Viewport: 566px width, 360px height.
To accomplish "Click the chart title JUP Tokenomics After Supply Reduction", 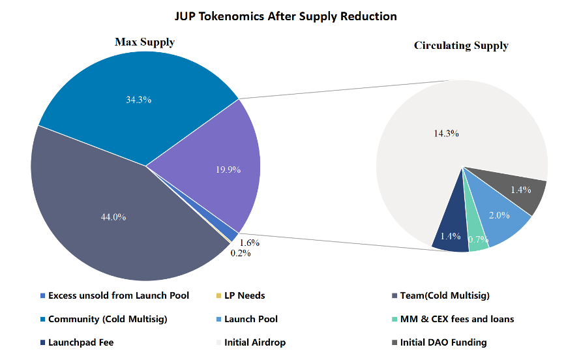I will tap(283, 16).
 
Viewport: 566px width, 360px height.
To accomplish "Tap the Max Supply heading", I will tap(145, 42).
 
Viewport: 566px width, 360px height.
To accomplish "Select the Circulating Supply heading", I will tap(461, 46).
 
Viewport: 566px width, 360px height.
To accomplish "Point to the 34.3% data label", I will tap(138, 100).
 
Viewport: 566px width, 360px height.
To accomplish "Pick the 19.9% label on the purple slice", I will tap(228, 170).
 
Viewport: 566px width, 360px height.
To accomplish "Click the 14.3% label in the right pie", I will tap(446, 133).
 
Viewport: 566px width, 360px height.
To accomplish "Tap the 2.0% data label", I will tap(500, 215).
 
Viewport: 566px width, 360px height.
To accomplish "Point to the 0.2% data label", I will tap(240, 253).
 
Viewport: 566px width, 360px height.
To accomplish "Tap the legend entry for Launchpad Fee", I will tap(80, 342).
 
